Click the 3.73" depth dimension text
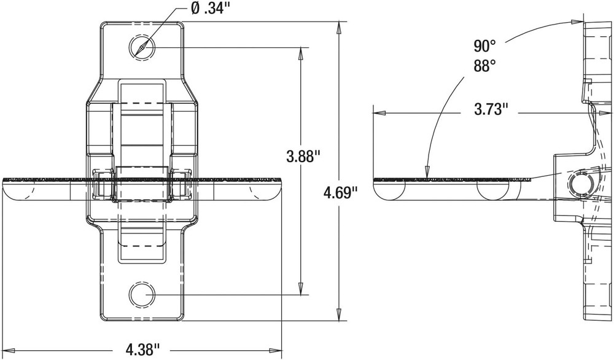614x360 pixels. (491, 110)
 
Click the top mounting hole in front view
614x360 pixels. (142, 47)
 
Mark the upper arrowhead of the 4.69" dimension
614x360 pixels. (339, 27)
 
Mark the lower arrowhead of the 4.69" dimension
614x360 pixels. (339, 315)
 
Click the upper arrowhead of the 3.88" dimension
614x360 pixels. (301, 52)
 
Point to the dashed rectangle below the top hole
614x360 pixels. (142, 92)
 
